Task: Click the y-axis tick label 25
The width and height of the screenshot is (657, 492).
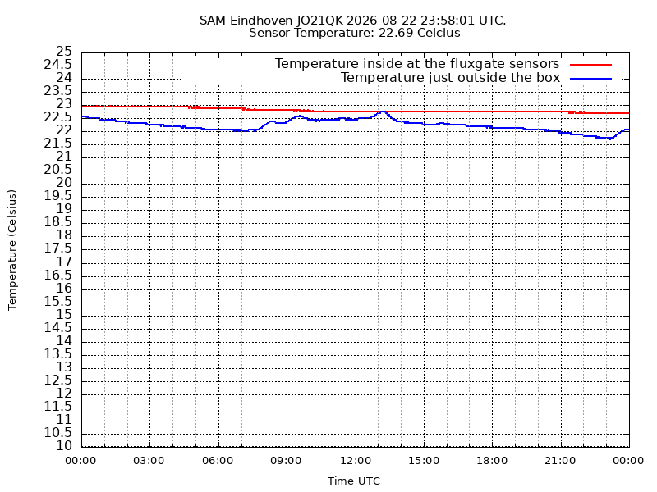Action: (64, 52)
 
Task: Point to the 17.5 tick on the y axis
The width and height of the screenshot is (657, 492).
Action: (58, 249)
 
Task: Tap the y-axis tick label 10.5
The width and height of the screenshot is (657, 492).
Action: (58, 433)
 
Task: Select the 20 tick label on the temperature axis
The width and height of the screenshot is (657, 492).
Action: (64, 183)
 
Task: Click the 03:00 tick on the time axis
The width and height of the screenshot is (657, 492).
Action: (149, 461)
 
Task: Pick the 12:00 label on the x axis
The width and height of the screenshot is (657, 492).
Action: (356, 461)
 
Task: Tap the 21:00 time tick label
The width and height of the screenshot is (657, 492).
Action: (561, 461)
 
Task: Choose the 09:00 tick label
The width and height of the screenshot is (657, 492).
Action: (286, 461)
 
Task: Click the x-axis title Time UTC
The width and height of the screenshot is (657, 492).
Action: (354, 481)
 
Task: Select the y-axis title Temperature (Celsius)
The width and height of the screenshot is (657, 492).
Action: (12, 250)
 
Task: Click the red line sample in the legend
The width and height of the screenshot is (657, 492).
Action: (590, 65)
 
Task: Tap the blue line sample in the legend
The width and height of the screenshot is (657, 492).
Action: (590, 79)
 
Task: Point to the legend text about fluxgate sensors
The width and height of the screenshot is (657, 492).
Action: (417, 64)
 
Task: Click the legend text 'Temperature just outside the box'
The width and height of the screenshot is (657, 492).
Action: (450, 78)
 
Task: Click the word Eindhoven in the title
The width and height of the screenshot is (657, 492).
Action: (261, 20)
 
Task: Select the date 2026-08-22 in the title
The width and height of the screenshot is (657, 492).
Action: (382, 20)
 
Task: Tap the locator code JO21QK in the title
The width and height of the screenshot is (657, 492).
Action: (319, 20)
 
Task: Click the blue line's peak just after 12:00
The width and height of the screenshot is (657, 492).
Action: (382, 112)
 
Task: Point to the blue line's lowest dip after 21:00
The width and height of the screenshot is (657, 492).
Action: (610, 139)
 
